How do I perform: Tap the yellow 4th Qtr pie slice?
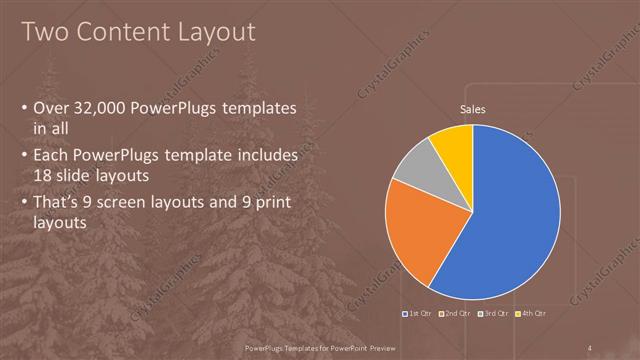453,141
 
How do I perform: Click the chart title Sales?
473,108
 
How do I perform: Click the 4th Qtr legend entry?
532,314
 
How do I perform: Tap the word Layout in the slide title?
215,32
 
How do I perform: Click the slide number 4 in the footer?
592,347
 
